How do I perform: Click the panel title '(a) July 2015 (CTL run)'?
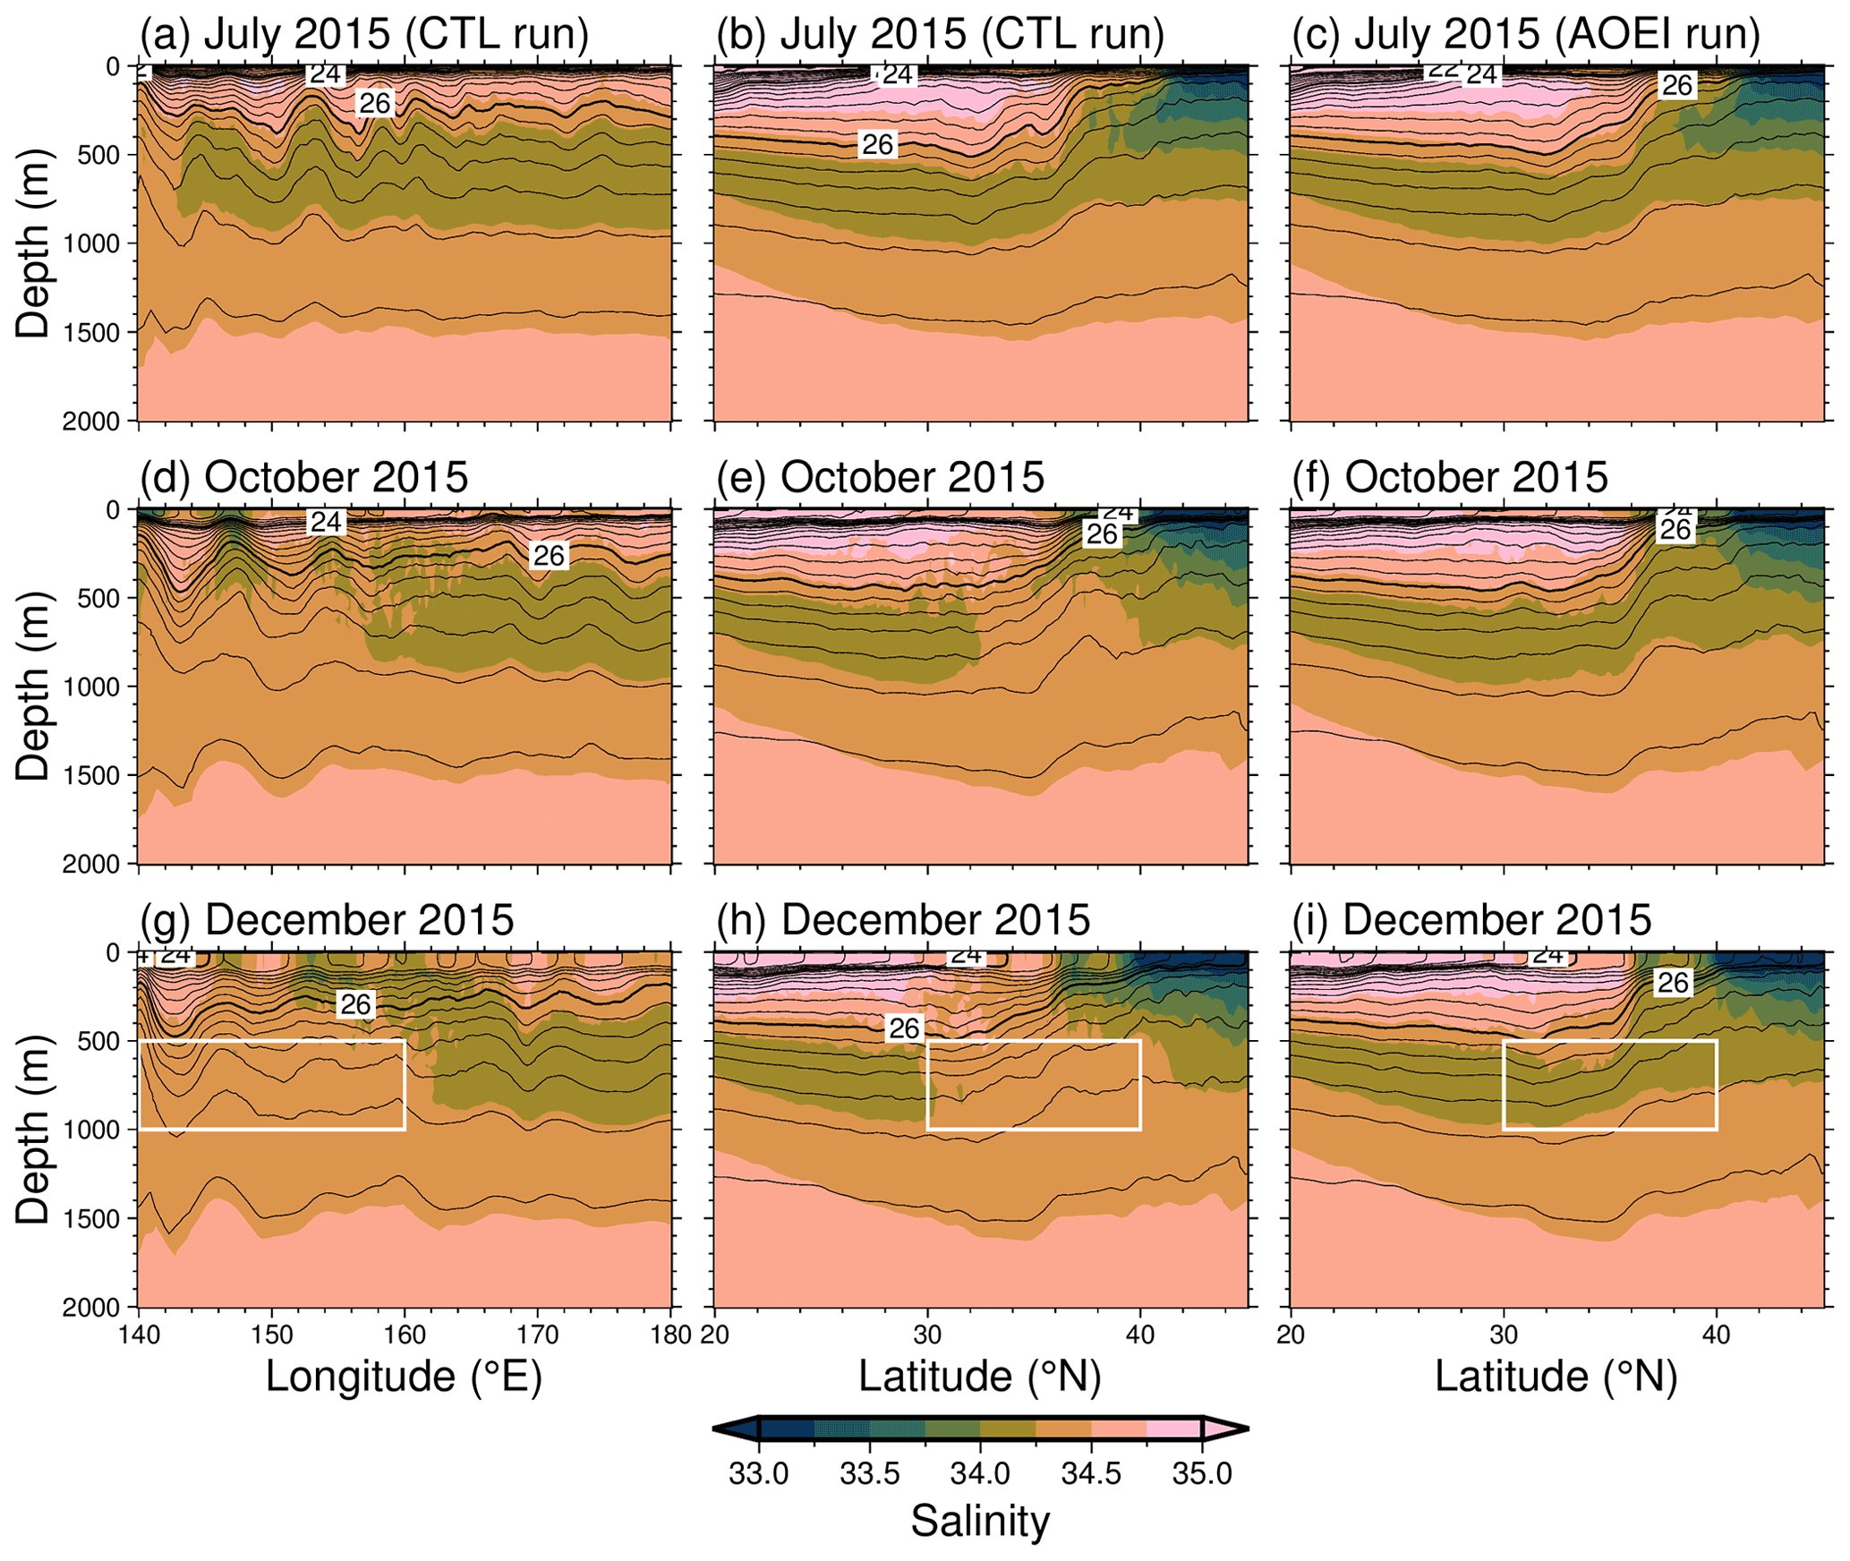[x=364, y=33]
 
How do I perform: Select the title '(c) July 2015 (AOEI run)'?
[x=1526, y=33]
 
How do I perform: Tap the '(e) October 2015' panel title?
[x=880, y=477]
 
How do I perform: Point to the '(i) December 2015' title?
[x=1471, y=920]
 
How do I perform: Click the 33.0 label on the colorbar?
[x=758, y=1474]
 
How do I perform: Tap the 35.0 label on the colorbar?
[x=1202, y=1474]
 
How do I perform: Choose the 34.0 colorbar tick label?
[x=980, y=1474]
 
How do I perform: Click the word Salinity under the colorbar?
[x=980, y=1521]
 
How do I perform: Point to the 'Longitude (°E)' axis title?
[x=404, y=1376]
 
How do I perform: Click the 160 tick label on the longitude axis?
[x=405, y=1335]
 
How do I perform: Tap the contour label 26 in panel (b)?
[x=877, y=144]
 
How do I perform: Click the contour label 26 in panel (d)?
[x=549, y=556]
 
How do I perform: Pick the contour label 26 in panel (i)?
[x=1672, y=983]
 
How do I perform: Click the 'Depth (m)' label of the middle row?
[x=33, y=687]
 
